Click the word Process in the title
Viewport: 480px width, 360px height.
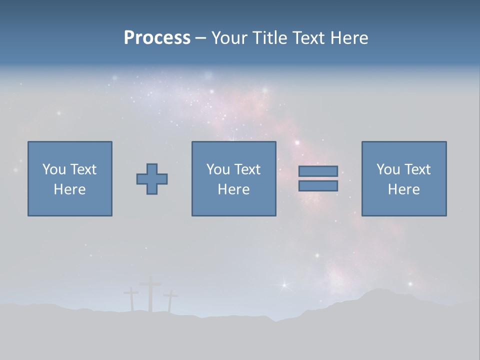pyautogui.click(x=157, y=38)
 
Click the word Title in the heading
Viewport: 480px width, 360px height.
pyautogui.click(x=269, y=38)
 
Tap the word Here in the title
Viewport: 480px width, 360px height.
pyautogui.click(x=349, y=38)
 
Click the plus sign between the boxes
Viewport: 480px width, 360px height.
pyautogui.click(x=152, y=179)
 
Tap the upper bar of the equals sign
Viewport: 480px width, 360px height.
pyautogui.click(x=318, y=171)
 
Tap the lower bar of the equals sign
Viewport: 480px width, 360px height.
pyautogui.click(x=318, y=186)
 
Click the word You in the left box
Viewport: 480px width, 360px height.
pyautogui.click(x=54, y=169)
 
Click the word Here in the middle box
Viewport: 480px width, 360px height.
pyautogui.click(x=233, y=189)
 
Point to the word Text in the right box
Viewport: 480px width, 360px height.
pyautogui.click(x=417, y=169)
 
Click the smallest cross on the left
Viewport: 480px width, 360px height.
pyautogui.click(x=131, y=299)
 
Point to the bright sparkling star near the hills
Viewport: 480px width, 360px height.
pyautogui.click(x=284, y=285)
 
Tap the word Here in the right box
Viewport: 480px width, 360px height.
pyautogui.click(x=403, y=189)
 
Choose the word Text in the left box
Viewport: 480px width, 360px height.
pyautogui.click(x=83, y=169)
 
